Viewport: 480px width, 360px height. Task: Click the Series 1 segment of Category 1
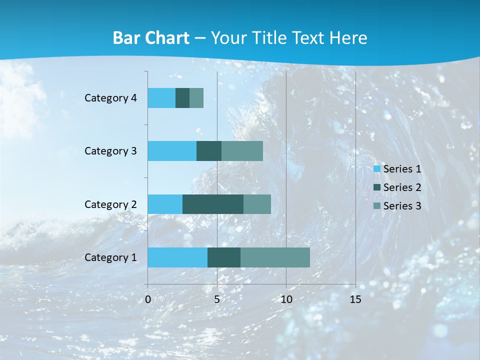(x=177, y=257)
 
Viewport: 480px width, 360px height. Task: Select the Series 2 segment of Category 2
(x=213, y=204)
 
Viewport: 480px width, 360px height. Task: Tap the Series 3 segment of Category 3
(x=242, y=151)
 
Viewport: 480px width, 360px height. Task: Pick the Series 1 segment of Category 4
(x=161, y=98)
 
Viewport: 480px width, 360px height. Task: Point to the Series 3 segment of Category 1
(x=275, y=257)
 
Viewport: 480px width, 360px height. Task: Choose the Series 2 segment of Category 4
(x=182, y=98)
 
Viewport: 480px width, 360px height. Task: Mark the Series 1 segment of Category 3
(x=172, y=151)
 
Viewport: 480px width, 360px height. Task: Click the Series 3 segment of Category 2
(x=257, y=204)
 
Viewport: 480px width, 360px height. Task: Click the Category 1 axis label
(x=110, y=257)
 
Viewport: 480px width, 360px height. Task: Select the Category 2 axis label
(x=110, y=204)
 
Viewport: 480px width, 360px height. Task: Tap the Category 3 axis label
(x=110, y=151)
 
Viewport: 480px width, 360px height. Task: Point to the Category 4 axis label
(x=110, y=98)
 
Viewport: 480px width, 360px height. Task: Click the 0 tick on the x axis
(x=148, y=299)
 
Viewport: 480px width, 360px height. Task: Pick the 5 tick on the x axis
(x=217, y=299)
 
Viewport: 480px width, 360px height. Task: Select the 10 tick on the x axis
(x=286, y=299)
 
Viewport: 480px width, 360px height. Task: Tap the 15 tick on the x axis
(x=355, y=299)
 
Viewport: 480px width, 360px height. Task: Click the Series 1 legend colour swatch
(x=377, y=169)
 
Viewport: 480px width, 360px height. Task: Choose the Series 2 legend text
(x=402, y=187)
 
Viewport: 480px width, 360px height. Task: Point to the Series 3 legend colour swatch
(x=377, y=206)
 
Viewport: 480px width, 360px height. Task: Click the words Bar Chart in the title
(x=150, y=38)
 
